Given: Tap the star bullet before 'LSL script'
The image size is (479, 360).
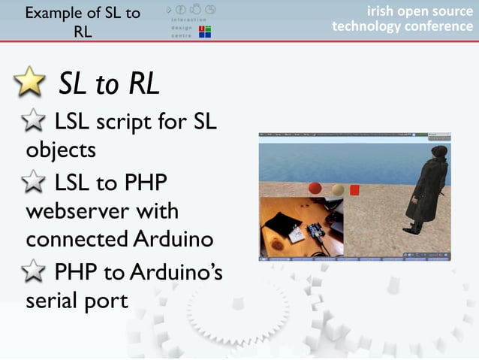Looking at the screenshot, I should [x=36, y=119].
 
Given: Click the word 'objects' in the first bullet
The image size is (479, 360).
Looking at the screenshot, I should [x=61, y=150].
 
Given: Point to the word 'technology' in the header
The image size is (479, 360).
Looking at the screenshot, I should [x=363, y=26].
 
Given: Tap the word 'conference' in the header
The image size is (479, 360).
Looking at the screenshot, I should [x=435, y=26].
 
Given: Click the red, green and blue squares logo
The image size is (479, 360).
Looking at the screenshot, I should [x=203, y=31].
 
